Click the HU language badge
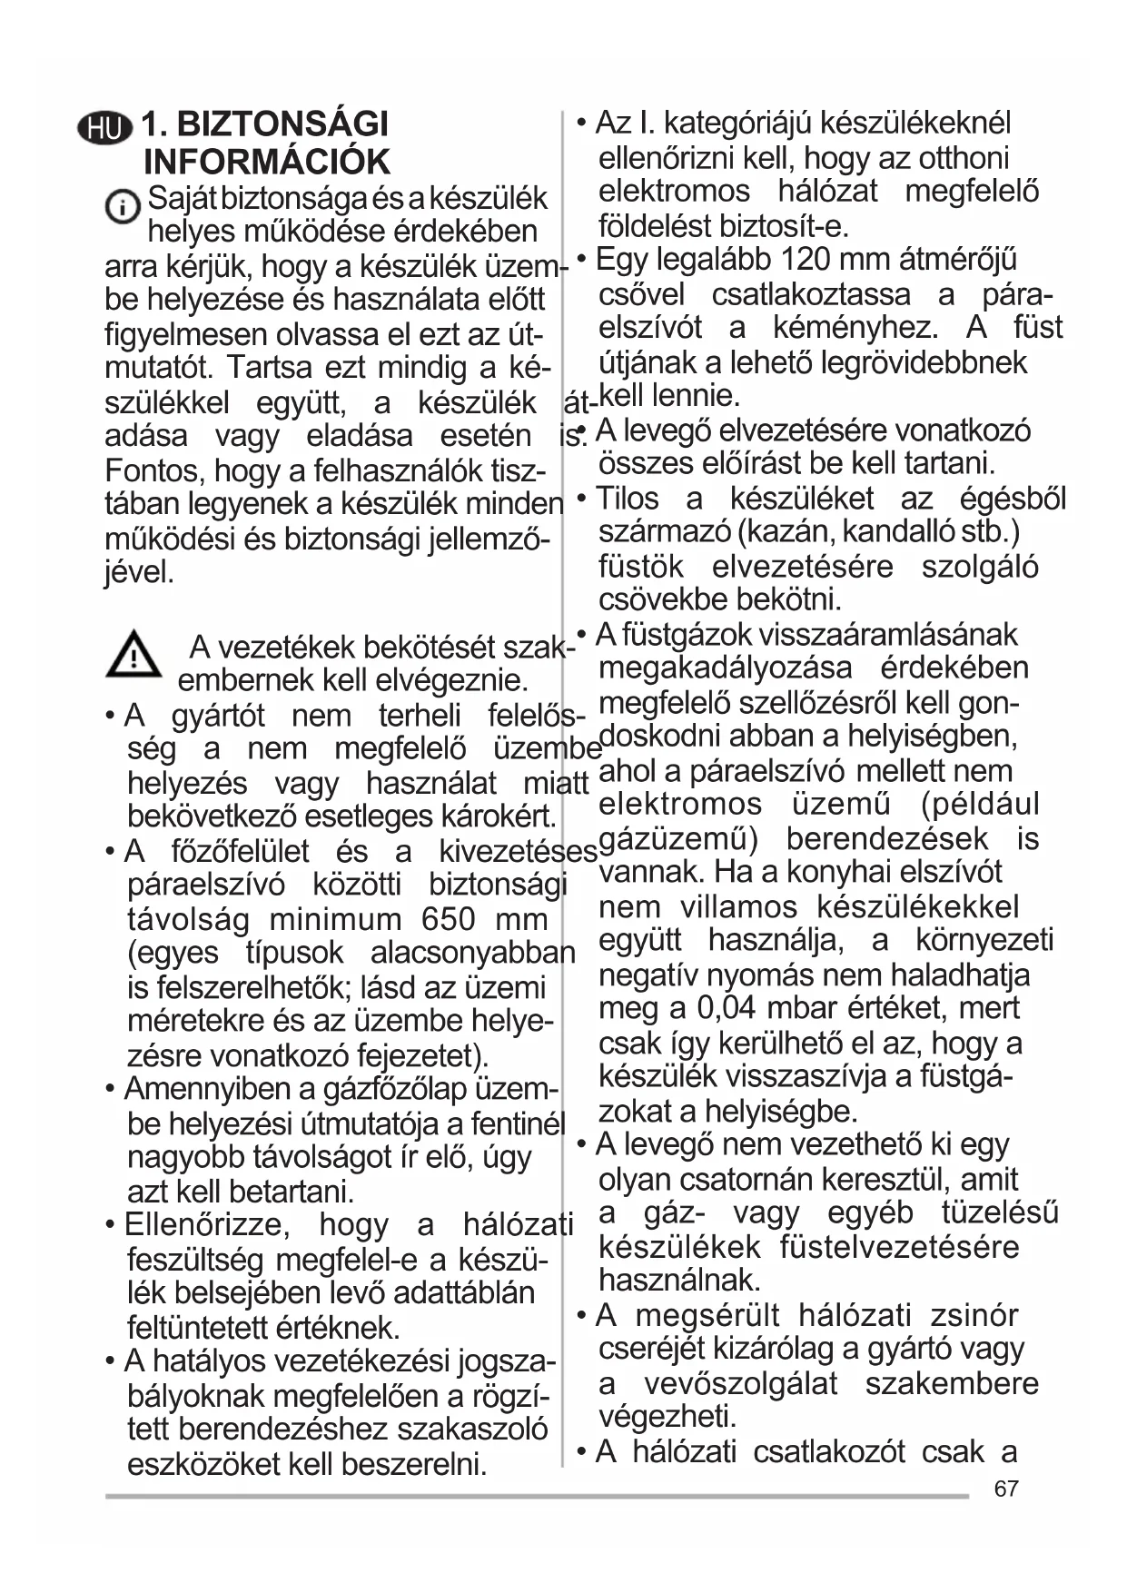point(104,127)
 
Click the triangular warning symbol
point(133,654)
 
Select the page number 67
point(1006,1489)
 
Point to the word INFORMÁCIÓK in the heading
point(267,162)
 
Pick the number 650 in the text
point(448,919)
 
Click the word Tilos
point(627,499)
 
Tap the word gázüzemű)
point(678,838)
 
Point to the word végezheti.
point(667,1417)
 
